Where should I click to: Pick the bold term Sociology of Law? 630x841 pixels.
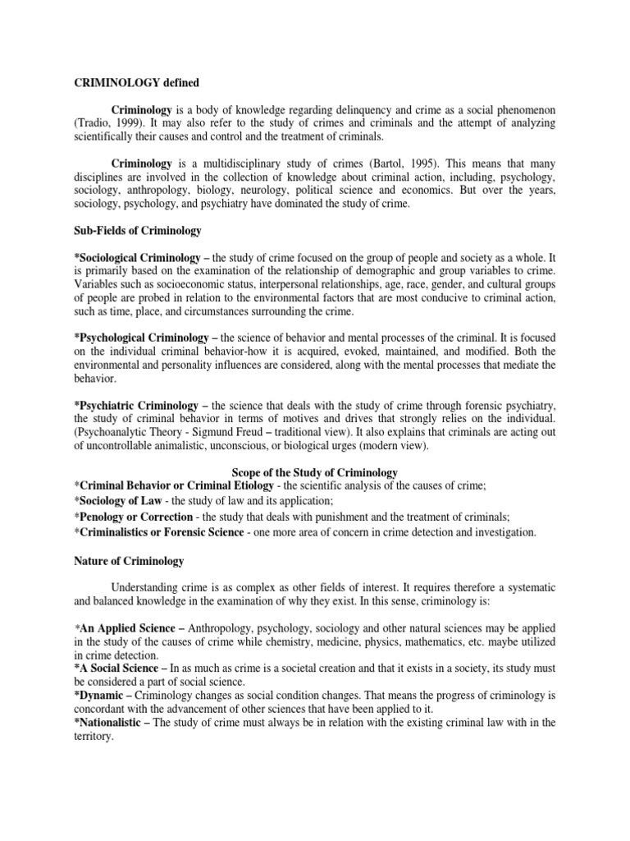pyautogui.click(x=130, y=501)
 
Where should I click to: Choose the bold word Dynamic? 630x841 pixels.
pyautogui.click(x=103, y=695)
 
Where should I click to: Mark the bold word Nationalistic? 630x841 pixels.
pyautogui.click(x=116, y=722)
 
